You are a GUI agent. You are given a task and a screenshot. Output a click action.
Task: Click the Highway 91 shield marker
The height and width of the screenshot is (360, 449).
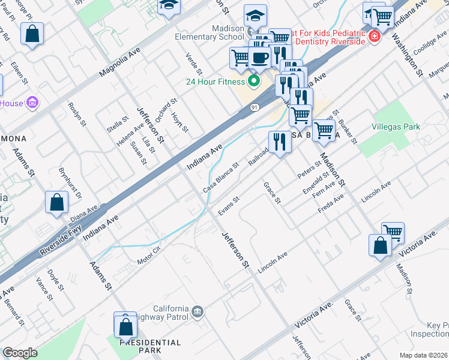click(x=254, y=107)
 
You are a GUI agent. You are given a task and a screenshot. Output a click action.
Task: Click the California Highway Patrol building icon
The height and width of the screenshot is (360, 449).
click(x=198, y=311)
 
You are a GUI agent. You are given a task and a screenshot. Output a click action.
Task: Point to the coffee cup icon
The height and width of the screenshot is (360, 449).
click(x=259, y=58)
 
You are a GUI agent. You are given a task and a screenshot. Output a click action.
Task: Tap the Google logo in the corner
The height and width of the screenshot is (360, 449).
click(x=20, y=352)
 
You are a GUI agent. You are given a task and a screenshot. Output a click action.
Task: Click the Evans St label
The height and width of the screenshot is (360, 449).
click(x=229, y=205)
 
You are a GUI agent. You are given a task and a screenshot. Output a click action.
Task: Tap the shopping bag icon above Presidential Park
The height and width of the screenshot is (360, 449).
click(x=126, y=326)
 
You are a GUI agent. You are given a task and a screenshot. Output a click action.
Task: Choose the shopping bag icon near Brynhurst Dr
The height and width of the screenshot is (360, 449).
click(x=56, y=203)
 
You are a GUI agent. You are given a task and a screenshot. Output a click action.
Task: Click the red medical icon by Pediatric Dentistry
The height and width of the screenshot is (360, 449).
click(x=375, y=37)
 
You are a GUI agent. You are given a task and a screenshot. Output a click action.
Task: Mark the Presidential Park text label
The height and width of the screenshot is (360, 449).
click(x=150, y=346)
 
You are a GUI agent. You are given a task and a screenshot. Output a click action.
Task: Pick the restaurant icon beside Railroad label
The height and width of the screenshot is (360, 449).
click(x=280, y=143)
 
